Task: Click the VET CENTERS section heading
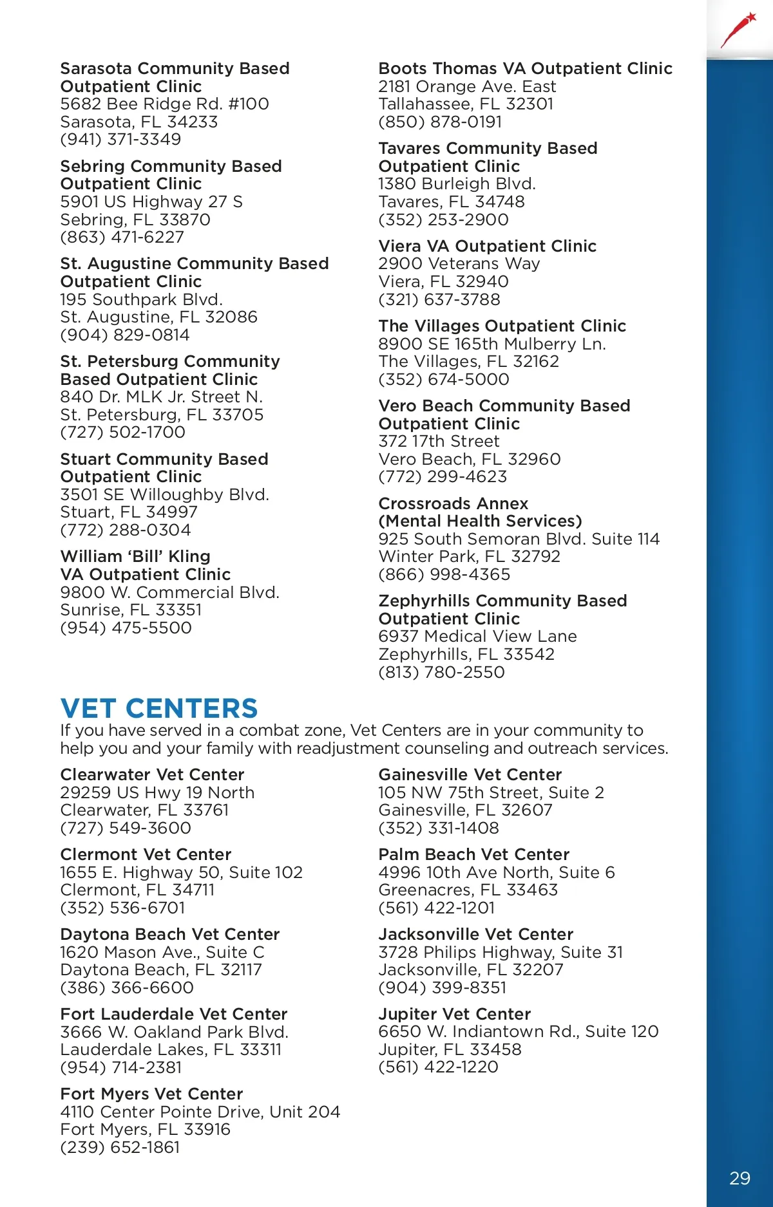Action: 158,709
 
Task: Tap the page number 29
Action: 740,1178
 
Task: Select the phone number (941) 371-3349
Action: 120,140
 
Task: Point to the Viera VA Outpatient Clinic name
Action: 487,246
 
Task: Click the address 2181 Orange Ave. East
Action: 467,86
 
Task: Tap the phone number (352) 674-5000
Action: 444,379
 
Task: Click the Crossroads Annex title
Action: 453,503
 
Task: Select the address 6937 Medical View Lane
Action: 477,636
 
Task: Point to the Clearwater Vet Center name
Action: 152,774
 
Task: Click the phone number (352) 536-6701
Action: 122,908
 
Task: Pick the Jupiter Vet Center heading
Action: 454,1014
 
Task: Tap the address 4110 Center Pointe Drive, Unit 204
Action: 200,1112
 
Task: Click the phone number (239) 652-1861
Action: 120,1147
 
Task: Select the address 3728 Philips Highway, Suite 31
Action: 501,952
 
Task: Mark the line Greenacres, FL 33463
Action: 468,890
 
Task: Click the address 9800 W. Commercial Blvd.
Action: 169,592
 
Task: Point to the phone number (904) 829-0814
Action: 125,335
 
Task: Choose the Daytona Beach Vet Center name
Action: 170,934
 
